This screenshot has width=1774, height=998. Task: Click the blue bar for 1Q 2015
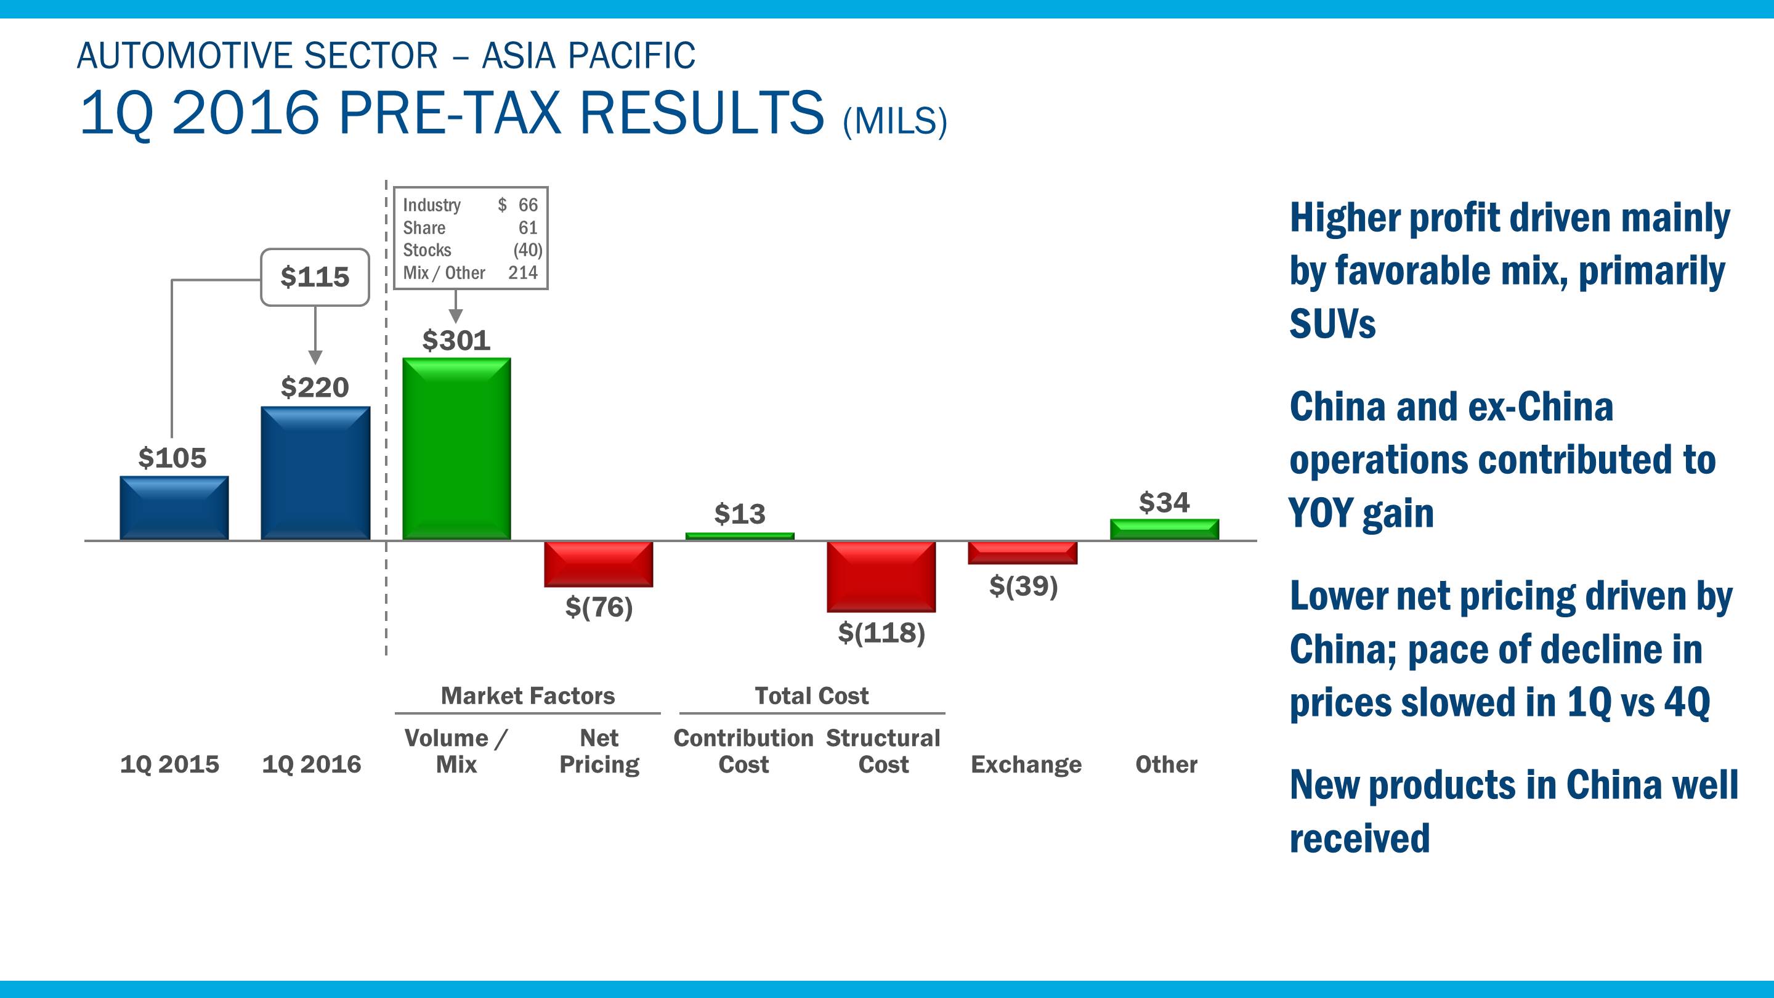coord(174,508)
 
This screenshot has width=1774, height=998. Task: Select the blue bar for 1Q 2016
coord(315,473)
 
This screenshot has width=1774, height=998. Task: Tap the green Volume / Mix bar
coord(456,448)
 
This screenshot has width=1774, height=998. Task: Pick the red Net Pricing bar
coord(599,564)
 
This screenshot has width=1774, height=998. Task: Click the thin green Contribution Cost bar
coord(740,536)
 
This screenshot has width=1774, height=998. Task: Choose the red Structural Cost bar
coord(881,576)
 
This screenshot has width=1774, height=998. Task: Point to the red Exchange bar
coord(1023,553)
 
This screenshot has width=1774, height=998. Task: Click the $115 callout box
coord(315,277)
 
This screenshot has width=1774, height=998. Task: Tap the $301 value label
coord(456,340)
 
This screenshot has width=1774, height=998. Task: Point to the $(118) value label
coord(881,632)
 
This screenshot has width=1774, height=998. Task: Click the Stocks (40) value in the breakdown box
coord(527,250)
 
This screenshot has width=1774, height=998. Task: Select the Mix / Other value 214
coord(523,273)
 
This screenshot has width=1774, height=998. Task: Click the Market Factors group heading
coord(527,696)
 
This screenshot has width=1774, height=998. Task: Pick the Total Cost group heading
coord(811,696)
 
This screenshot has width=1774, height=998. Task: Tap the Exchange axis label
coord(1026,765)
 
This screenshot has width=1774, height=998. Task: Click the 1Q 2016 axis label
coord(311,765)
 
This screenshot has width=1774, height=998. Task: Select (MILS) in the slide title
coord(894,121)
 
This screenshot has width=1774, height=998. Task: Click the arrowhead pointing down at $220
coord(315,357)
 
